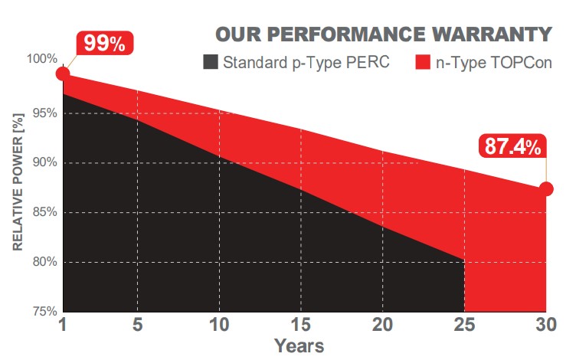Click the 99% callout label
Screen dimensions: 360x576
coord(104,44)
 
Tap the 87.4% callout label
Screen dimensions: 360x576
coord(511,146)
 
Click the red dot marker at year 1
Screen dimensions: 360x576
coord(63,74)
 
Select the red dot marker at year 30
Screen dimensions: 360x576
coord(546,188)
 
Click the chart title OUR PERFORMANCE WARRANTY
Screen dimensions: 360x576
coord(383,34)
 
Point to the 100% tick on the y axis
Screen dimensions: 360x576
coord(44,60)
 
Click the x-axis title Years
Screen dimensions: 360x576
coord(299,346)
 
